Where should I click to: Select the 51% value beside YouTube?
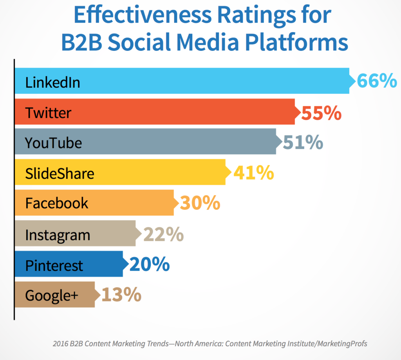pos(303,142)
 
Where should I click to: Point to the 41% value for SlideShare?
pos(253,173)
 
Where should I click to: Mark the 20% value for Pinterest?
pos(149,265)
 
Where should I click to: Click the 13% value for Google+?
pos(121,295)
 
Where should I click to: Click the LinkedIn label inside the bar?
pos(52,83)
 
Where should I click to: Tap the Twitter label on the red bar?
pos(48,113)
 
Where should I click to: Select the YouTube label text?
pos(53,143)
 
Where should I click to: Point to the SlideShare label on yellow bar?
pos(60,173)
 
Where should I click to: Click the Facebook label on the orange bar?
pos(57,203)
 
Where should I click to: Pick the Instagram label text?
pos(58,235)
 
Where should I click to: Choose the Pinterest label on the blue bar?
pos(54,265)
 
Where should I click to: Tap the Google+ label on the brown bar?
pos(52,295)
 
